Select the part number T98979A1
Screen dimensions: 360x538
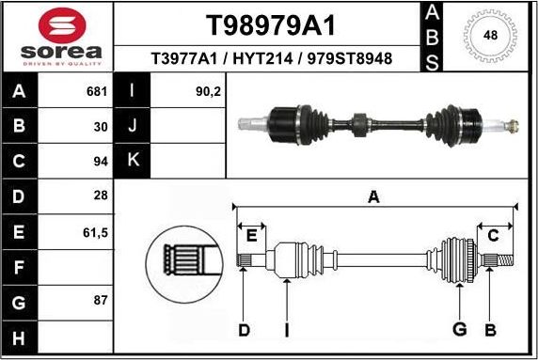271,23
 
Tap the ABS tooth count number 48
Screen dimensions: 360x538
490,35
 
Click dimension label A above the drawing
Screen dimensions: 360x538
373,196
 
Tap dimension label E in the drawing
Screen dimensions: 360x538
250,235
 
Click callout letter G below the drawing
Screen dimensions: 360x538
459,328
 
